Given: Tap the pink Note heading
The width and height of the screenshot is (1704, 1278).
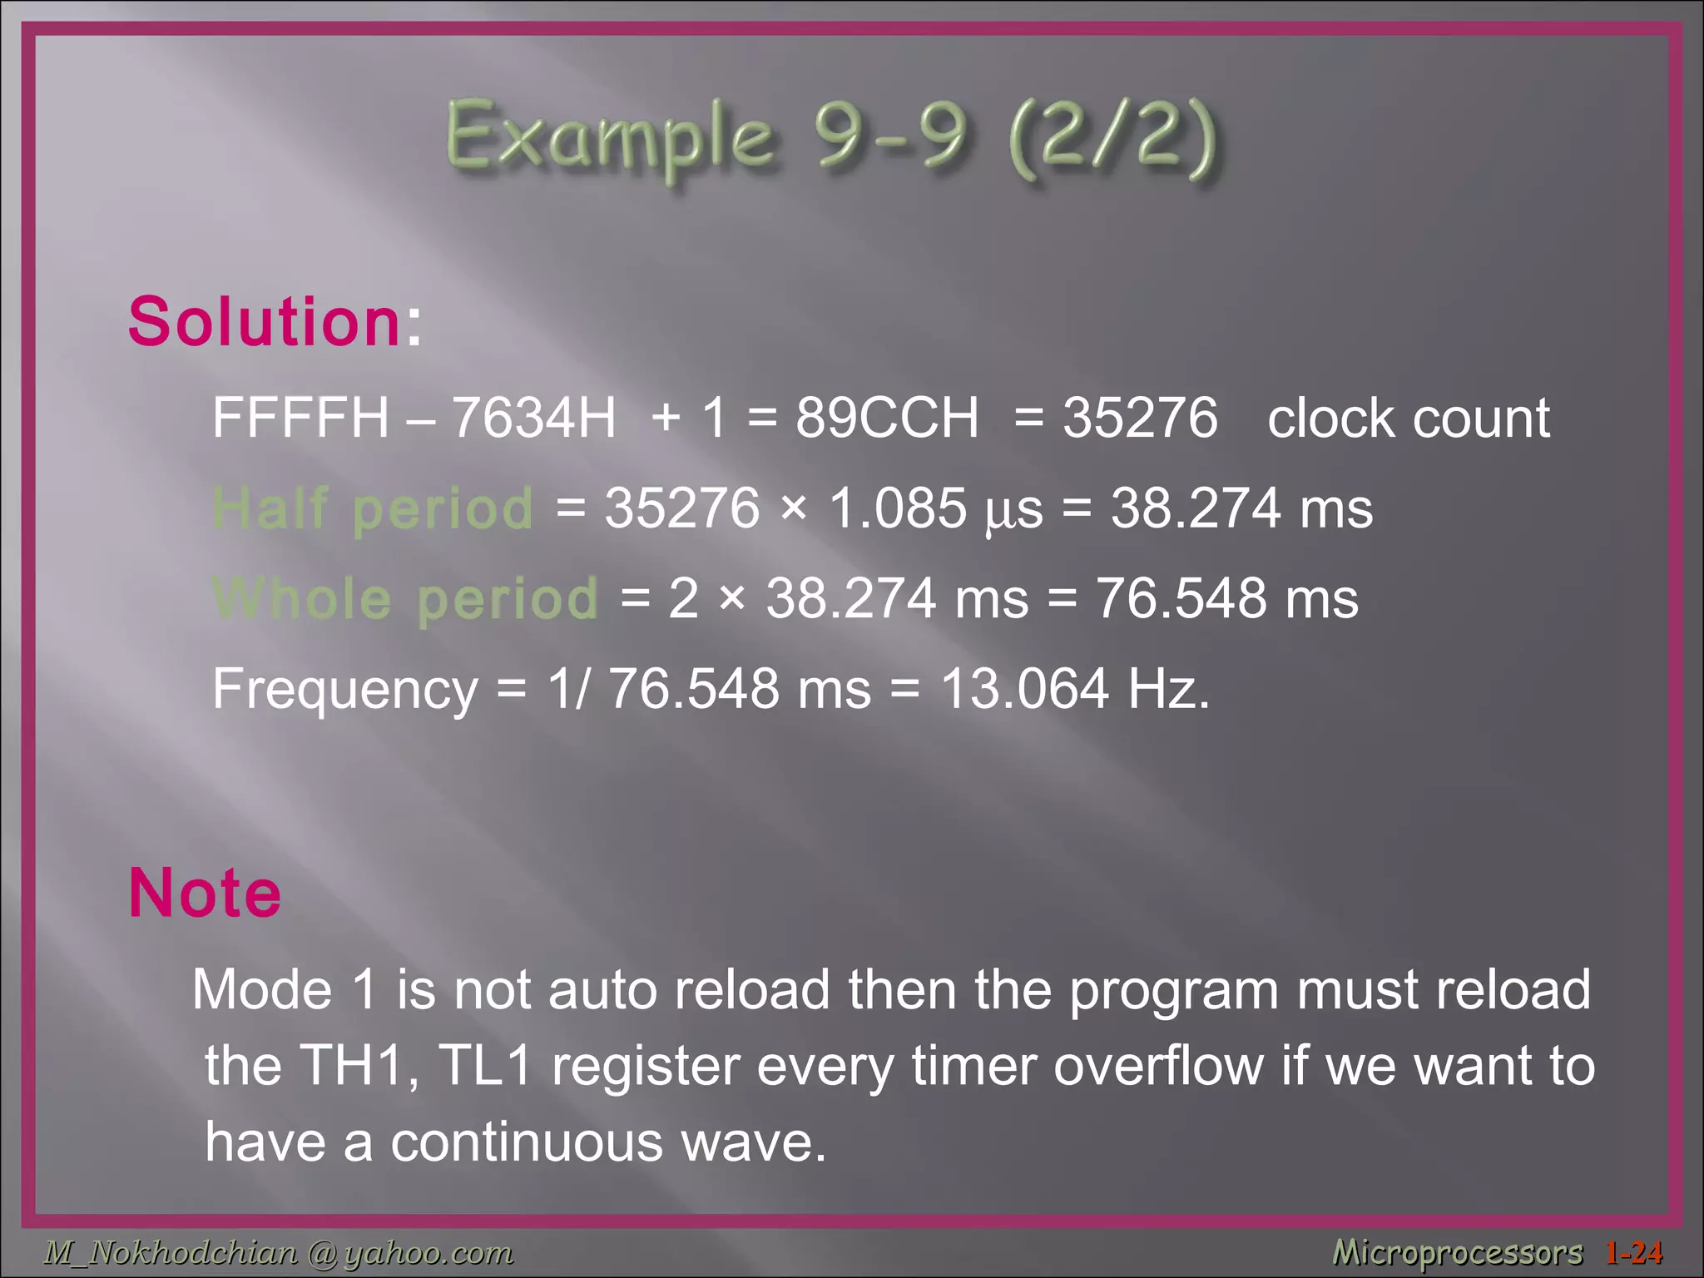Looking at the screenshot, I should click(205, 893).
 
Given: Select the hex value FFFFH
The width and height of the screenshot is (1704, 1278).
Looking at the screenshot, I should click(300, 418).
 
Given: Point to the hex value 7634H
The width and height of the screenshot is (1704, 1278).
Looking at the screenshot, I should click(533, 418).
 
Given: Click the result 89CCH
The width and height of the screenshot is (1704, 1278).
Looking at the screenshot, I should click(887, 418).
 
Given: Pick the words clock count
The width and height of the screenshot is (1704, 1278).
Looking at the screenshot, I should click(1408, 418).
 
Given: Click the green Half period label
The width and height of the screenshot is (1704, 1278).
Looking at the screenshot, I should click(373, 508).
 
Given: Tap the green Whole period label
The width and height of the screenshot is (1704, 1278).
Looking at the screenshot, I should click(405, 598).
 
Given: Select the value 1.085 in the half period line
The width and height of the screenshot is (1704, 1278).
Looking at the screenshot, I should click(898, 508).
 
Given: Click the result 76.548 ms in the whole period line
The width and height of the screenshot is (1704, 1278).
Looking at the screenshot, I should click(1226, 598).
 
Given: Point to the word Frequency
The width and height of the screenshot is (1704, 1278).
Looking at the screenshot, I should click(344, 690).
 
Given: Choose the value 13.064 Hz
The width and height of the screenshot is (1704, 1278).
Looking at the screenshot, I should click(1073, 690).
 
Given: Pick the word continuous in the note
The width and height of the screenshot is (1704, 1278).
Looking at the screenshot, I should click(527, 1142).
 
